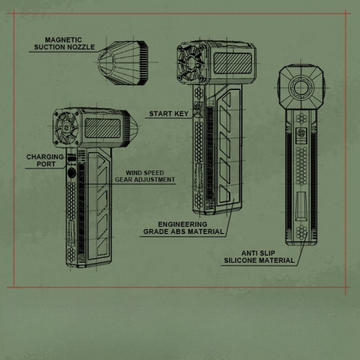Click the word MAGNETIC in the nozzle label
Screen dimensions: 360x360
click(63, 40)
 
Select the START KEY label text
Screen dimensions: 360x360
click(168, 114)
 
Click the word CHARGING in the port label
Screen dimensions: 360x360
click(45, 157)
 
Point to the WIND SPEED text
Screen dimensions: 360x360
click(145, 173)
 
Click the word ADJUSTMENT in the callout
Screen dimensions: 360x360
click(155, 179)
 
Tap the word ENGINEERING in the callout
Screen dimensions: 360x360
click(182, 225)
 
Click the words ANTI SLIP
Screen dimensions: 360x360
click(258, 253)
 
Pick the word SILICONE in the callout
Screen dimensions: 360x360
click(240, 261)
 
